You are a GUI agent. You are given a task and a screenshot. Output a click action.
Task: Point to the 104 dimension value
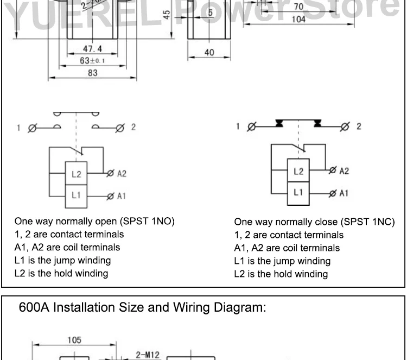point(298,19)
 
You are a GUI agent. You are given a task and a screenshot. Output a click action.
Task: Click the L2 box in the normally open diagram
point(76,175)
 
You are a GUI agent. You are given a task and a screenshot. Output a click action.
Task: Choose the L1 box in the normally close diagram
point(298,192)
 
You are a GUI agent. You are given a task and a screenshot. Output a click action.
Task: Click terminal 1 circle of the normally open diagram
point(31,129)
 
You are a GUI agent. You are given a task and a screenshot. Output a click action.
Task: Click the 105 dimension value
point(74,340)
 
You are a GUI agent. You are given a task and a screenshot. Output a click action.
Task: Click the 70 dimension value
point(298,7)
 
